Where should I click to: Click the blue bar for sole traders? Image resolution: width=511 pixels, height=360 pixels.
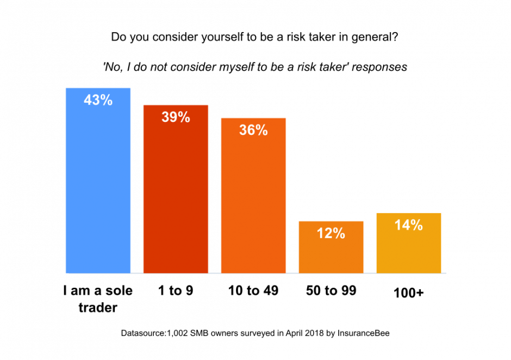(x=98, y=185)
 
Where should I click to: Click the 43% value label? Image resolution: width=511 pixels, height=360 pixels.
(x=98, y=100)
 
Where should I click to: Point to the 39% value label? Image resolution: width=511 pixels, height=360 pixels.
(x=176, y=117)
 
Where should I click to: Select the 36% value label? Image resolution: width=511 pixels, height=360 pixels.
(x=253, y=131)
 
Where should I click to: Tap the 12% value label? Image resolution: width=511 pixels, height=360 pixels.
(x=331, y=233)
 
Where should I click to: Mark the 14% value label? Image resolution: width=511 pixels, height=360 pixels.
(x=409, y=225)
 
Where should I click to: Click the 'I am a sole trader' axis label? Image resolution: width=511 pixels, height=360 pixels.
(x=98, y=299)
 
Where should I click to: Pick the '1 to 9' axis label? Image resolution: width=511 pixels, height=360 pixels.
(x=176, y=291)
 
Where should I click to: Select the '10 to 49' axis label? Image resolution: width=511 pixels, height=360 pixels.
(x=253, y=291)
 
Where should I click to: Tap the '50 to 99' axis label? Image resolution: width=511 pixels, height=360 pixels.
(x=331, y=291)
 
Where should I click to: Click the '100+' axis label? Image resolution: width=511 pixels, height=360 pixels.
(x=409, y=293)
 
